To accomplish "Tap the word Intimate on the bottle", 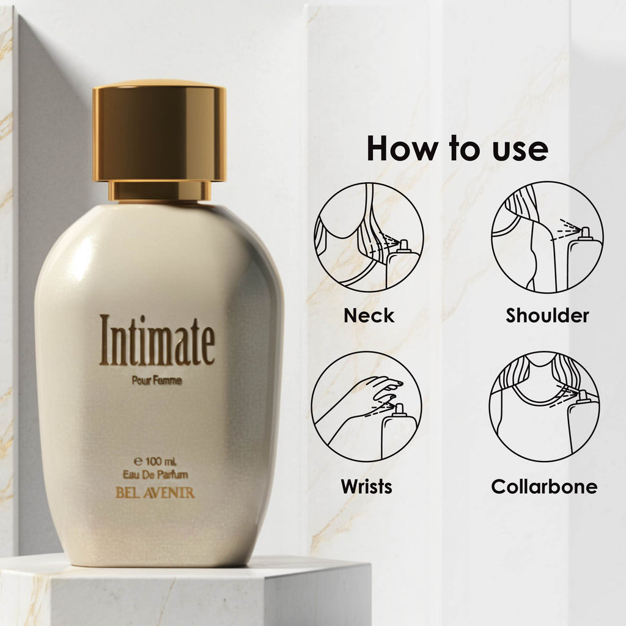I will coord(157,340).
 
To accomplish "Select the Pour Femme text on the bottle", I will coord(157,381).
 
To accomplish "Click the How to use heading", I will coord(457,149).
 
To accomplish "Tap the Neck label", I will coord(369,315).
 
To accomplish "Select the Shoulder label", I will coord(547,315).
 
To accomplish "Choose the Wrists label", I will coord(366,487).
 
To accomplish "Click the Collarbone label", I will coord(544,487).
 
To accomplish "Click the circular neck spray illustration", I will coord(369,237).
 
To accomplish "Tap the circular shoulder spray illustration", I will coord(547,237).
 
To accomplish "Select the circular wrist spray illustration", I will coord(366,406).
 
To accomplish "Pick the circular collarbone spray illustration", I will coord(544,406).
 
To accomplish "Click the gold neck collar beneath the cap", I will coord(160,191).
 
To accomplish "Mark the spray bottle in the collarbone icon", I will coord(583,422).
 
